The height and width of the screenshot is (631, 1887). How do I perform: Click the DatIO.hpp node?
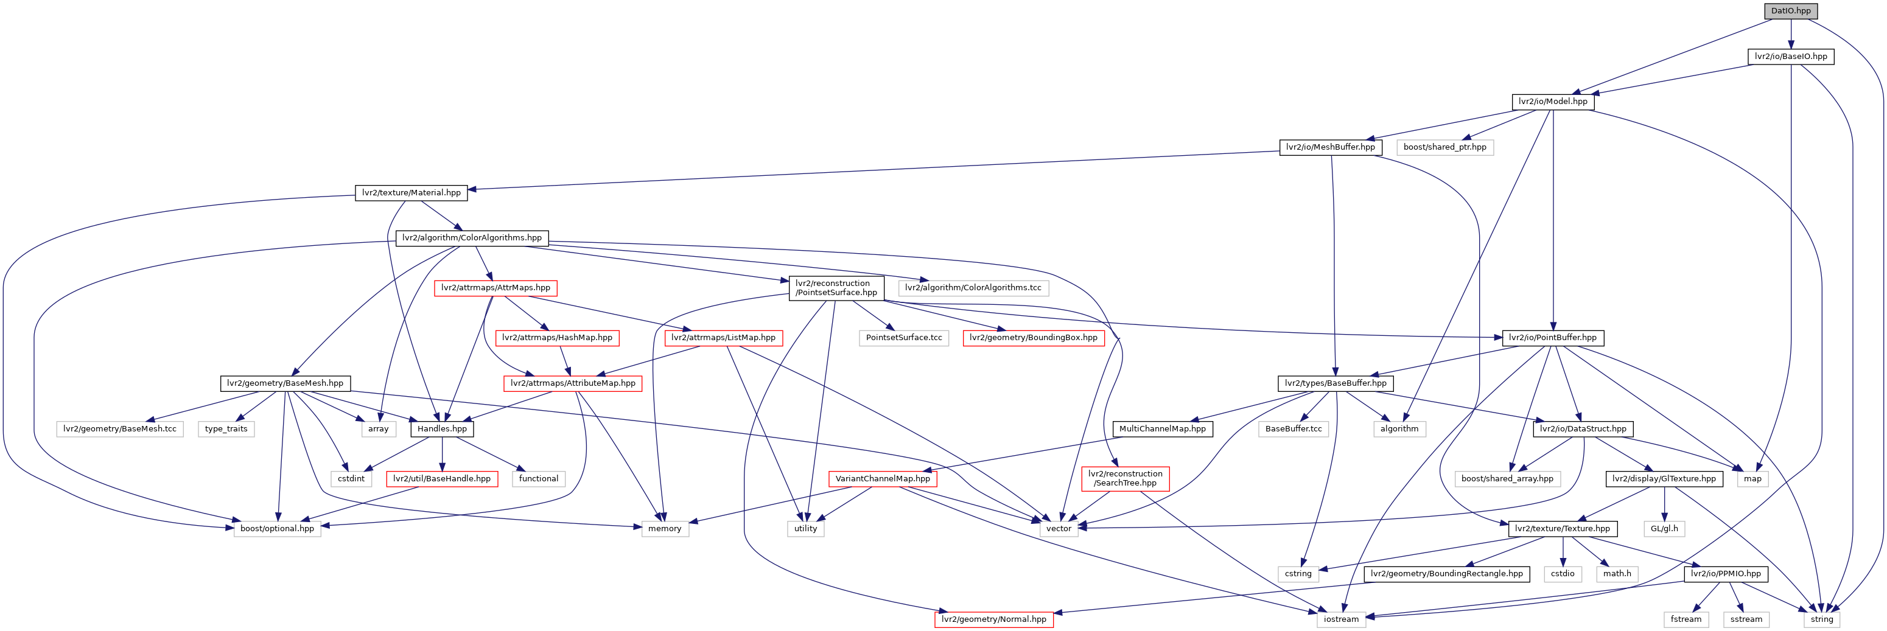tap(1790, 11)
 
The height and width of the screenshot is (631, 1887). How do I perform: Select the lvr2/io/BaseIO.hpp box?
tap(1790, 57)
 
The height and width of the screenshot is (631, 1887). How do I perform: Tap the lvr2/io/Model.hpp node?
tap(1552, 102)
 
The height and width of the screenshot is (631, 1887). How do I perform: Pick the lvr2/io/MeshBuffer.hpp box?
tap(1330, 147)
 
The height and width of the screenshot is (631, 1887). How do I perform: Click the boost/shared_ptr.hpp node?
tap(1444, 147)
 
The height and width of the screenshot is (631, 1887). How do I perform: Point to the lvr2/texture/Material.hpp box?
tap(411, 192)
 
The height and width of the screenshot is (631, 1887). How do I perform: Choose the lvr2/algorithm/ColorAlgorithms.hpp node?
tap(472, 238)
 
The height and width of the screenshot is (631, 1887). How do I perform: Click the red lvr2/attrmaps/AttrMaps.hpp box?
tap(495, 288)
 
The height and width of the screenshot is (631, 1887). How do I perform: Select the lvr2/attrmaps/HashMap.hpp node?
tap(557, 338)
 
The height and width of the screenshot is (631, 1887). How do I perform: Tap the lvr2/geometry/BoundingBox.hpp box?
tap(1033, 338)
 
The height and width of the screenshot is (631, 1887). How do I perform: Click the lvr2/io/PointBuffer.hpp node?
tap(1552, 338)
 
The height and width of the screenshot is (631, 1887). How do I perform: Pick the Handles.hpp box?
tap(442, 429)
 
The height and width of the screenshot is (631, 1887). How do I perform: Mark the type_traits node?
tap(226, 429)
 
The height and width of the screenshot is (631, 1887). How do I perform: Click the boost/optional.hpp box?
tap(277, 529)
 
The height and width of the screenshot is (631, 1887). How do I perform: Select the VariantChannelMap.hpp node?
tap(882, 479)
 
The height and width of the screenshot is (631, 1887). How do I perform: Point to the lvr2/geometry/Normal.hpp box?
tap(993, 619)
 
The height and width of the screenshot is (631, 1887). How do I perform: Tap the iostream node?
tap(1340, 619)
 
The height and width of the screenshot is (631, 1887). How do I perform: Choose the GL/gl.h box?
tap(1664, 529)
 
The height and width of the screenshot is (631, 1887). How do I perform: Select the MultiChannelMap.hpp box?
tap(1162, 429)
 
